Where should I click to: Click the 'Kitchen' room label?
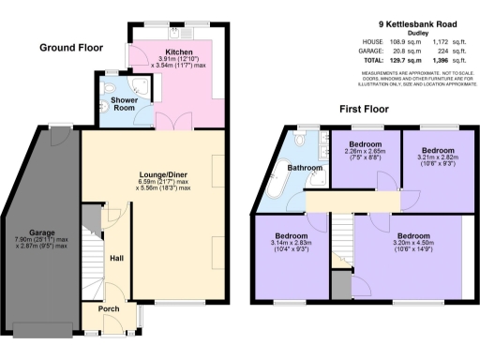pyautogui.click(x=178, y=52)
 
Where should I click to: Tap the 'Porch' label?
pyautogui.click(x=109, y=307)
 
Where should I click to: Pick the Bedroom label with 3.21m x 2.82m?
pyautogui.click(x=437, y=149)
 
